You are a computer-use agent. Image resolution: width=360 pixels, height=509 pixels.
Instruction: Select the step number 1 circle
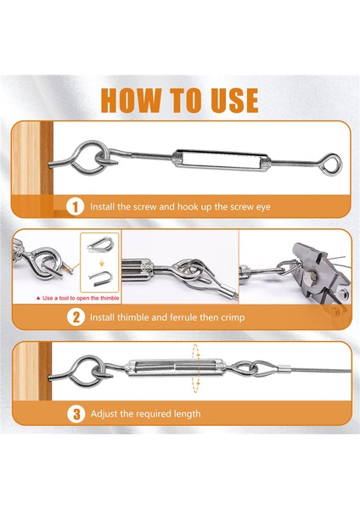click(x=74, y=206)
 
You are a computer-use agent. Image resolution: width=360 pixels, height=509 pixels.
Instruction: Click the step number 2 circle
click(x=74, y=318)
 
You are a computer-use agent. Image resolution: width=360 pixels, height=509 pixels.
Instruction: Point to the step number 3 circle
click(x=74, y=414)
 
